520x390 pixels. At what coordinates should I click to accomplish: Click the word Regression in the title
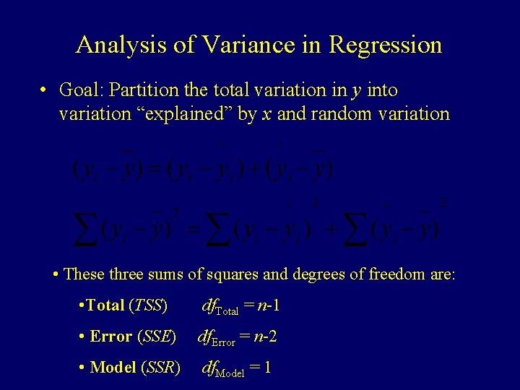coord(385,45)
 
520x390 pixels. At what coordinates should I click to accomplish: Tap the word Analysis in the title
coord(119,45)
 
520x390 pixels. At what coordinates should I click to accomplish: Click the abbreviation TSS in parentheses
coord(148,305)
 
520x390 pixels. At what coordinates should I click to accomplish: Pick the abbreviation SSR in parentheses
coord(162,368)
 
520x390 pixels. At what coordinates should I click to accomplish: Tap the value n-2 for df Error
coord(268,337)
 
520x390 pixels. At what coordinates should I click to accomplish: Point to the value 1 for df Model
coord(267,368)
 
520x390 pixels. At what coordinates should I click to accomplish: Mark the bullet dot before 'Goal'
coord(44,91)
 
